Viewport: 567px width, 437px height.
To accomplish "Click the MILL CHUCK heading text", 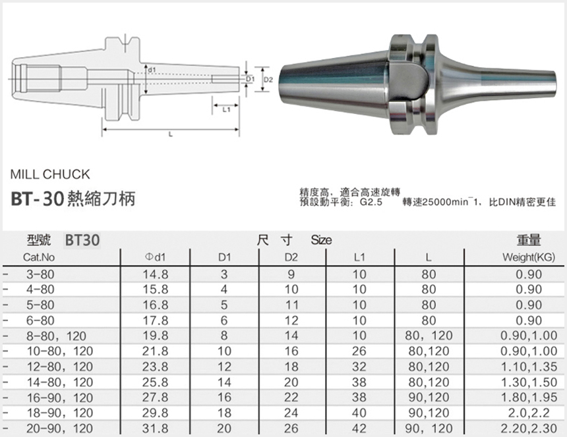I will (50, 175).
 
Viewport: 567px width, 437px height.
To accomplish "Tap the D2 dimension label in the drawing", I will (268, 80).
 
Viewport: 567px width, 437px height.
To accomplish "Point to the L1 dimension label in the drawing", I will (225, 110).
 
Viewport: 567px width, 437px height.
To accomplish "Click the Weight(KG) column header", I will (528, 257).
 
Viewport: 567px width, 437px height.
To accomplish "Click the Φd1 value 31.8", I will (156, 428).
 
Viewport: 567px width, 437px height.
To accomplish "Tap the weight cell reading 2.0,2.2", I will (527, 413).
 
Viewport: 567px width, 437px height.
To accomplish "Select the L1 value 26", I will (359, 351).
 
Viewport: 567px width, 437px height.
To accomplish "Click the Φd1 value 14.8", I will (156, 274).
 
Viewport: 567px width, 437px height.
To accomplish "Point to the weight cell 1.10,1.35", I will (527, 367).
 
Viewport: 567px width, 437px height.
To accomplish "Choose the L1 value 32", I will (359, 367).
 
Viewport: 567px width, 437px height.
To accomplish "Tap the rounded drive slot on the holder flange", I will (411, 80).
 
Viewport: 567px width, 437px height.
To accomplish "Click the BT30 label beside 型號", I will (82, 240).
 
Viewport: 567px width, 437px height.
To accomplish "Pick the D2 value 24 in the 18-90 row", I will (291, 413).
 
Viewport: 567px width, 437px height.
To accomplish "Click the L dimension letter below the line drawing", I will (171, 134).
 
